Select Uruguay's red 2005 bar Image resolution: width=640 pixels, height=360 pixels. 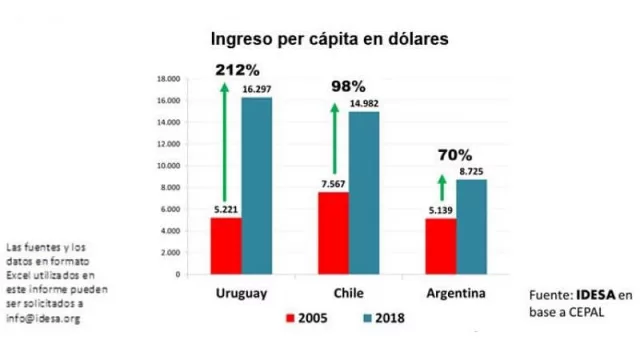[x=226, y=245]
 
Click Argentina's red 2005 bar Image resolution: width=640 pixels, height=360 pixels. [x=441, y=245]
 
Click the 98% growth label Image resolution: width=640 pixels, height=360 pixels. [x=348, y=87]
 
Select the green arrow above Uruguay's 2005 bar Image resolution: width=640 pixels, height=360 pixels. [x=225, y=144]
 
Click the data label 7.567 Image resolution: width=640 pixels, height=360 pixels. [x=333, y=183]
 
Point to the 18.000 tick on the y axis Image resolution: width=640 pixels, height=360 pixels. [x=166, y=79]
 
